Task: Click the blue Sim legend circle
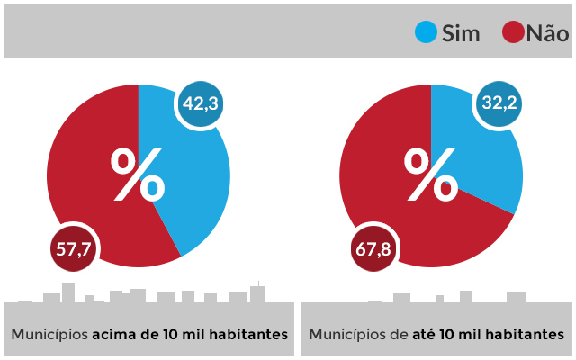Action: pyautogui.click(x=427, y=33)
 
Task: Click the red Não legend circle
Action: pyautogui.click(x=514, y=33)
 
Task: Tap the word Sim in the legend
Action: pyautogui.click(x=461, y=34)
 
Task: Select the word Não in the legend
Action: pyautogui.click(x=548, y=33)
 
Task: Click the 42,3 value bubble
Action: pyautogui.click(x=200, y=104)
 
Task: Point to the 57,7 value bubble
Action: pyautogui.click(x=74, y=249)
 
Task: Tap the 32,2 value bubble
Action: pyautogui.click(x=499, y=104)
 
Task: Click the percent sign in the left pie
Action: pyautogui.click(x=138, y=175)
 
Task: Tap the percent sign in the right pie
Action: pyautogui.click(x=431, y=175)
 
